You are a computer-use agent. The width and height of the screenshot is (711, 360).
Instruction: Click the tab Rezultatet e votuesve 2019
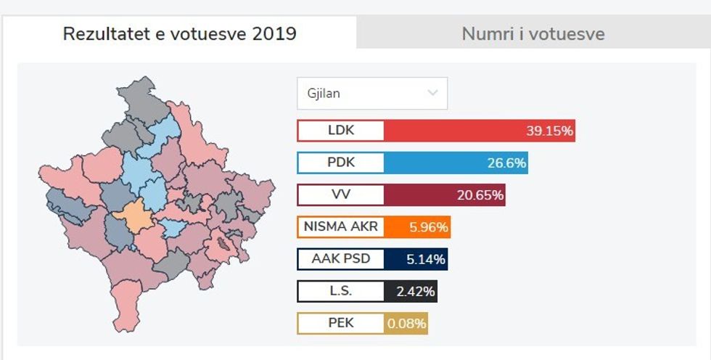(179, 33)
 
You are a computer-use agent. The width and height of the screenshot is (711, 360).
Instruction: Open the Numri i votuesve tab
(533, 33)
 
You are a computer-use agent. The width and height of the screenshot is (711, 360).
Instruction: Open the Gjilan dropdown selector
(371, 93)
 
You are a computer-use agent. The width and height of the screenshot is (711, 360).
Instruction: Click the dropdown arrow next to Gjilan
(433, 93)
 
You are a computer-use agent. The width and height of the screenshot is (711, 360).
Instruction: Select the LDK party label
(341, 131)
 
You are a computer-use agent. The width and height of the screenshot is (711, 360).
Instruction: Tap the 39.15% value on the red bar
(549, 131)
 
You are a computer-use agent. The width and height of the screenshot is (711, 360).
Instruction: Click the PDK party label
(341, 163)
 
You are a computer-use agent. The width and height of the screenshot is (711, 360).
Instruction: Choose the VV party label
(341, 195)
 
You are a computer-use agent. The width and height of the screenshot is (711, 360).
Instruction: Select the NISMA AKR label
(341, 226)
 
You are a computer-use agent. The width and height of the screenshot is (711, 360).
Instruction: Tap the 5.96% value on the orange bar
(429, 227)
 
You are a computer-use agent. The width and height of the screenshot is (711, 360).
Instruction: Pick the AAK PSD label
(341, 258)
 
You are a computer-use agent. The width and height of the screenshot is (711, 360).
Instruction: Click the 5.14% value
(427, 259)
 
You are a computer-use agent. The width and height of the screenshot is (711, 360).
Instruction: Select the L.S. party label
(341, 291)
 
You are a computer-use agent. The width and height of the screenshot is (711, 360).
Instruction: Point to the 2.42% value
(416, 292)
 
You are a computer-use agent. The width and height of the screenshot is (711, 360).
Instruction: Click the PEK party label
(341, 323)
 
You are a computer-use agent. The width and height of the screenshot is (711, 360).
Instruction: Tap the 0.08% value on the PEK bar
(406, 324)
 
